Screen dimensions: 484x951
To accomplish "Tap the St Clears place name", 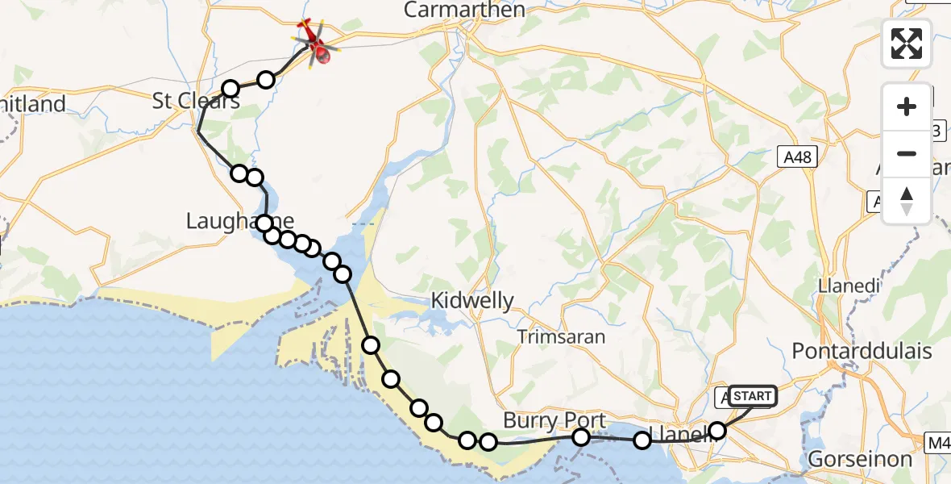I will (196, 102).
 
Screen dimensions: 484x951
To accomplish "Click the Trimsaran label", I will (561, 336).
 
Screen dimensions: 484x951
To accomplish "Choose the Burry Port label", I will (554, 420).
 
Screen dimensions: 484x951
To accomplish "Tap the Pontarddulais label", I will (862, 352).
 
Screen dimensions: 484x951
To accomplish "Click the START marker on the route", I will (752, 395).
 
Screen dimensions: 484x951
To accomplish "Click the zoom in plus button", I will (907, 106).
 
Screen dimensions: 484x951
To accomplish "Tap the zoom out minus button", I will (907, 153).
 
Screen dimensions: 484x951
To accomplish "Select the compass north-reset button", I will (907, 201).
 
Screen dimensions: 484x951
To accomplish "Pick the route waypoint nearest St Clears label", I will (230, 89).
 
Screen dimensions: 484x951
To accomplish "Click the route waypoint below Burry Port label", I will (581, 437).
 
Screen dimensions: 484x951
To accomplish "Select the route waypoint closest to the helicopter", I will (266, 79).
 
